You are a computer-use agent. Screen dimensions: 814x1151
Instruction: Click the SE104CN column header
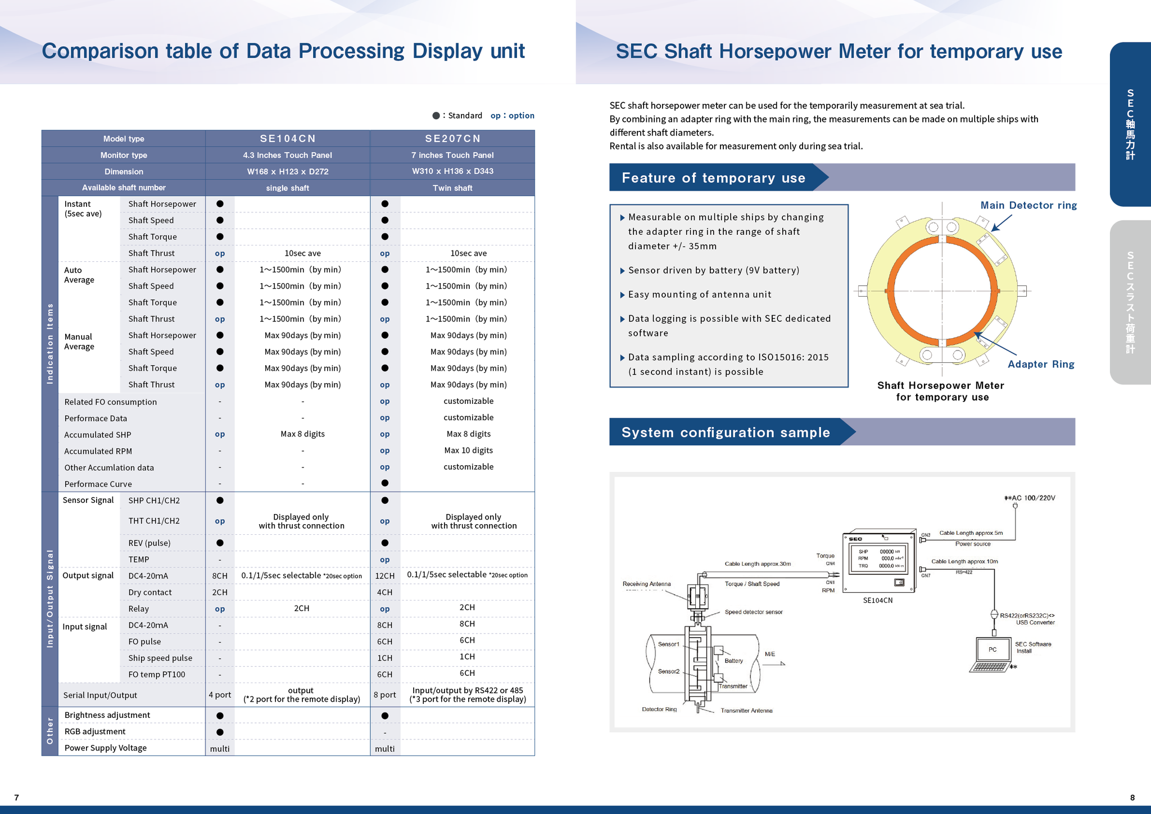(288, 139)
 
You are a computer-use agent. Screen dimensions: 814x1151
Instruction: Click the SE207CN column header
(452, 139)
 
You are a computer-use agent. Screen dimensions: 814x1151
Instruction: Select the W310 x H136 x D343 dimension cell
(452, 171)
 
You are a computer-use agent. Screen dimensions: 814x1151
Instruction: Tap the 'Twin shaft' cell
(452, 188)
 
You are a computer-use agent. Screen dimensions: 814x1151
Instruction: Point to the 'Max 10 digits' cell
(468, 451)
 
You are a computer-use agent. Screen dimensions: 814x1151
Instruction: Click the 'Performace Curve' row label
(98, 484)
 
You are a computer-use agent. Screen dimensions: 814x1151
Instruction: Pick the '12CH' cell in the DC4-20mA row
(385, 576)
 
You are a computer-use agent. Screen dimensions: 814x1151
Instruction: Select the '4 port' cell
(220, 695)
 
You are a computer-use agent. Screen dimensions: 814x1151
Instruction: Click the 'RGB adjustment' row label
(95, 731)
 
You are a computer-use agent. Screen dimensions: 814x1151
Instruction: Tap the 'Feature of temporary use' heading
(713, 178)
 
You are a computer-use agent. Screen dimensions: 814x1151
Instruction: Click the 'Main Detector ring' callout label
(1028, 206)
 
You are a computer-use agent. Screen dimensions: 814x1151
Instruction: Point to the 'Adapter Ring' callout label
(1041, 365)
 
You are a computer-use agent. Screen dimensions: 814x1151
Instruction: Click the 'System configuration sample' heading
(726, 433)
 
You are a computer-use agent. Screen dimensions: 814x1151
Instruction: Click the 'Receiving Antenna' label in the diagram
(646, 584)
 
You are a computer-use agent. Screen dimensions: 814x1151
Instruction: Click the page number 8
(1132, 798)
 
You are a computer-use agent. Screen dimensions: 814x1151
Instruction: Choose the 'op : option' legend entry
(512, 116)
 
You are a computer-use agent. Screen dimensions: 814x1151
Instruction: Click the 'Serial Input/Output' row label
(100, 695)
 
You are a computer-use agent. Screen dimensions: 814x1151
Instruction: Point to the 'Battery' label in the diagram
(733, 661)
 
